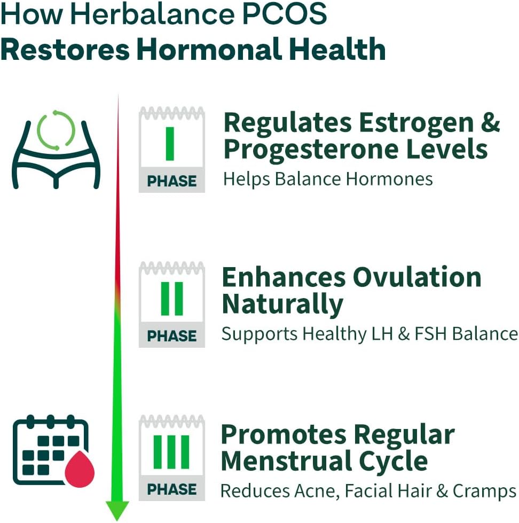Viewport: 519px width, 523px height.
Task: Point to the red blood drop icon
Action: click(x=79, y=468)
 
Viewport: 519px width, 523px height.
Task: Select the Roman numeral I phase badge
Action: click(x=171, y=149)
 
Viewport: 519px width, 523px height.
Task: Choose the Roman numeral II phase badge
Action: click(x=171, y=304)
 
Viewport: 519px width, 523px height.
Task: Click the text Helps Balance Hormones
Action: click(x=328, y=178)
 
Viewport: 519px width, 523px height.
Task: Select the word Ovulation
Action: click(x=418, y=277)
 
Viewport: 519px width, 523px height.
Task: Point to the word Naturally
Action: click(x=282, y=305)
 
